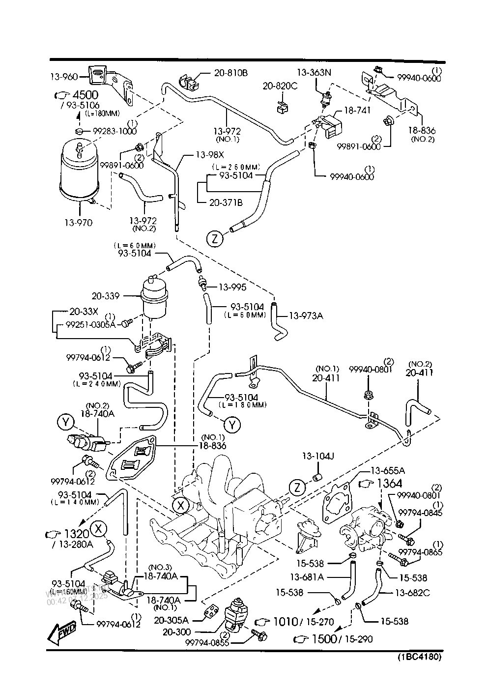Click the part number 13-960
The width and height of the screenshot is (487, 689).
pos(64,77)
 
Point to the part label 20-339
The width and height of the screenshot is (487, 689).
pos(106,296)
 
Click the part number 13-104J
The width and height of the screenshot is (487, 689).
pos(318,456)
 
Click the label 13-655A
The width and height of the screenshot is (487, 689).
pos(388,469)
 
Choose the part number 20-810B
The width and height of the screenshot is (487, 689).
pos(230,73)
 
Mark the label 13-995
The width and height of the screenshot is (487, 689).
pos(232,287)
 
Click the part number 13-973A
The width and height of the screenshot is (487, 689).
pos(306,316)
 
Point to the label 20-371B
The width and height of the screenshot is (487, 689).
pos(226,202)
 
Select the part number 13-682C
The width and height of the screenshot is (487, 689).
pos(412,593)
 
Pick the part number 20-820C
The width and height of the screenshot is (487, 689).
pos(280,86)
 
